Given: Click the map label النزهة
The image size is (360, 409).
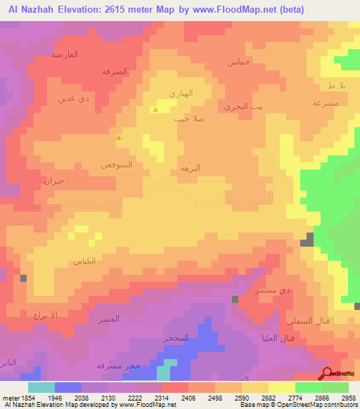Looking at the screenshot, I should (191, 168).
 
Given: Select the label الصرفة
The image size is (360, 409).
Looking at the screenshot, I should (114, 72).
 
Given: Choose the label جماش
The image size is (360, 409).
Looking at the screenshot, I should (239, 62).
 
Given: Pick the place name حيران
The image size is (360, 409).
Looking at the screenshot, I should (54, 181).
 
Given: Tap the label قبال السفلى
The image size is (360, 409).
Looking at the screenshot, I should (303, 320).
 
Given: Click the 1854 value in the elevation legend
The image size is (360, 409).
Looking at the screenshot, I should (23, 398).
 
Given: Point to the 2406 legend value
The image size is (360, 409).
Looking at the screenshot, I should (189, 398).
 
